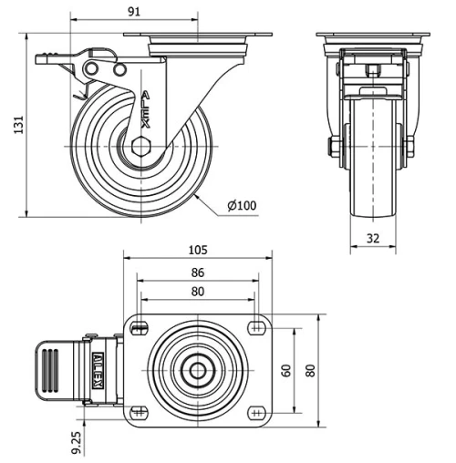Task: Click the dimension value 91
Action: pyautogui.click(x=134, y=12)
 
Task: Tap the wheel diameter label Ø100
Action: pyautogui.click(x=242, y=205)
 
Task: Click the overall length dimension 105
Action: pyautogui.click(x=197, y=250)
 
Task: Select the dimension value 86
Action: pyautogui.click(x=197, y=272)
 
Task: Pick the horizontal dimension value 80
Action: pyautogui.click(x=197, y=292)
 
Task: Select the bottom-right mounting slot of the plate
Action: pyautogui.click(x=255, y=412)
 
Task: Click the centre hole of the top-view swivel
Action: pyautogui.click(x=197, y=370)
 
